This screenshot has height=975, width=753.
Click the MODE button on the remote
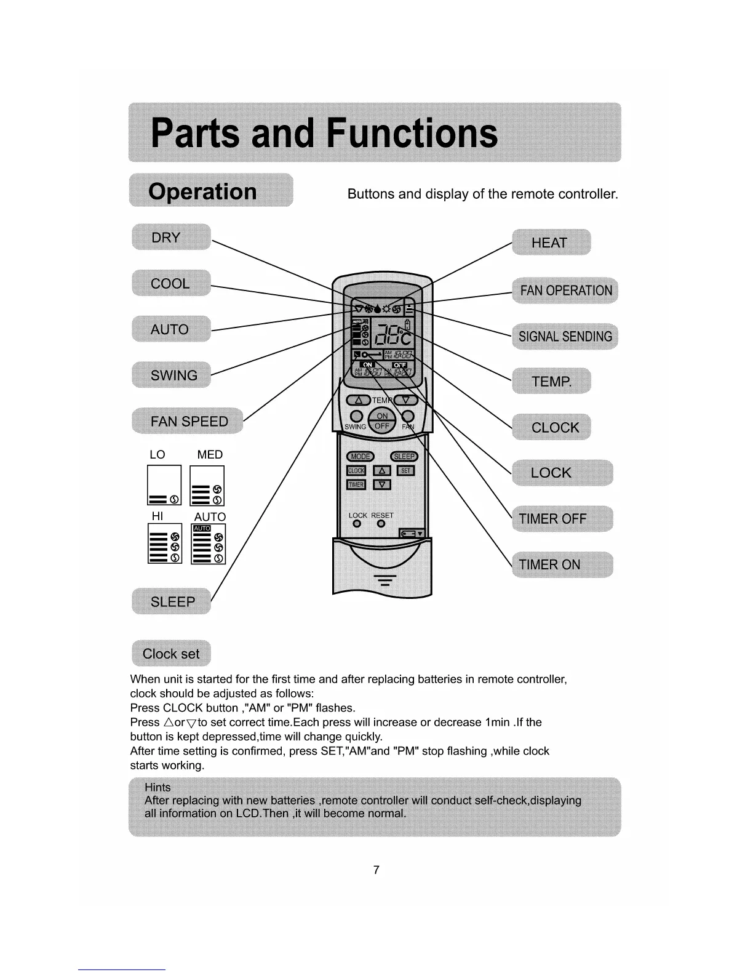pyautogui.click(x=361, y=456)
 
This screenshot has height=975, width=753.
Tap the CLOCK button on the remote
pyautogui.click(x=356, y=471)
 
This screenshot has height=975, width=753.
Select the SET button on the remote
pyautogui.click(x=406, y=471)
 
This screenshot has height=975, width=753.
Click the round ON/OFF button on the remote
pyautogui.click(x=382, y=422)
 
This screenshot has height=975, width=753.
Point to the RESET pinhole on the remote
pyautogui.click(x=381, y=524)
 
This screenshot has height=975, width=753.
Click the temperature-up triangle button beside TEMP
pyautogui.click(x=359, y=400)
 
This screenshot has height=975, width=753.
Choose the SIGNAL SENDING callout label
pyautogui.click(x=565, y=336)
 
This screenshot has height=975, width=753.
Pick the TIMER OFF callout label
pyautogui.click(x=562, y=518)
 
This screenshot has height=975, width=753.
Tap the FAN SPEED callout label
pyautogui.click(x=188, y=421)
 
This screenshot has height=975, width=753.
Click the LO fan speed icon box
pyautogui.click(x=164, y=485)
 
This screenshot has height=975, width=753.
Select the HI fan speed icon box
pyautogui.click(x=165, y=544)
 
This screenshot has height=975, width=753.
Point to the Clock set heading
pyautogui.click(x=171, y=654)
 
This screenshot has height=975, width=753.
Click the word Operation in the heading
pyautogui.click(x=202, y=191)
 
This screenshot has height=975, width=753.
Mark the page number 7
pyautogui.click(x=376, y=870)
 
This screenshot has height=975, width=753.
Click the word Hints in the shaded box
pyautogui.click(x=157, y=787)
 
